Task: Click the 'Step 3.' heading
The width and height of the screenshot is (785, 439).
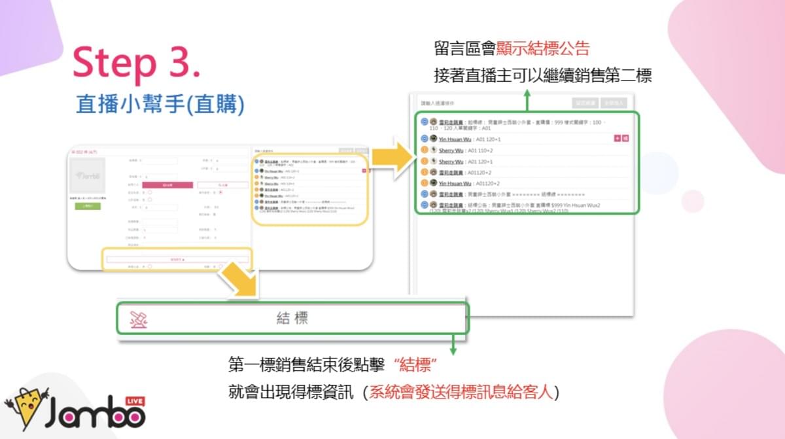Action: tap(137, 63)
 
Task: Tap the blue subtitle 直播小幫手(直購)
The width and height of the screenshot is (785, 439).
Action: tap(160, 105)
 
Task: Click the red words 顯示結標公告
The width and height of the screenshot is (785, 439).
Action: tap(543, 48)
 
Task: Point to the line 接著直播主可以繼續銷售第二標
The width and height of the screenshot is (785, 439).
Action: tap(543, 76)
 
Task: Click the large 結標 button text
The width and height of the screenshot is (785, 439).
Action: tap(292, 319)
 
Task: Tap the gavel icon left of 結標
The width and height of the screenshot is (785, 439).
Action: tap(138, 319)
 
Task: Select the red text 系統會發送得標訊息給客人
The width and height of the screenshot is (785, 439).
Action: tap(462, 393)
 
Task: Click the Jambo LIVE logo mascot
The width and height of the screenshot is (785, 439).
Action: tap(26, 409)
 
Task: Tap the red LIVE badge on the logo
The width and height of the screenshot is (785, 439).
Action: tap(132, 400)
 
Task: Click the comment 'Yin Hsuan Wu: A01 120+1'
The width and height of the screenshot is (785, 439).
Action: tap(470, 139)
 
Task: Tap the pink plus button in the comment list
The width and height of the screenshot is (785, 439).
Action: tap(617, 139)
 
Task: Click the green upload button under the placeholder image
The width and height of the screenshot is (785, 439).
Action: tap(87, 206)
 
